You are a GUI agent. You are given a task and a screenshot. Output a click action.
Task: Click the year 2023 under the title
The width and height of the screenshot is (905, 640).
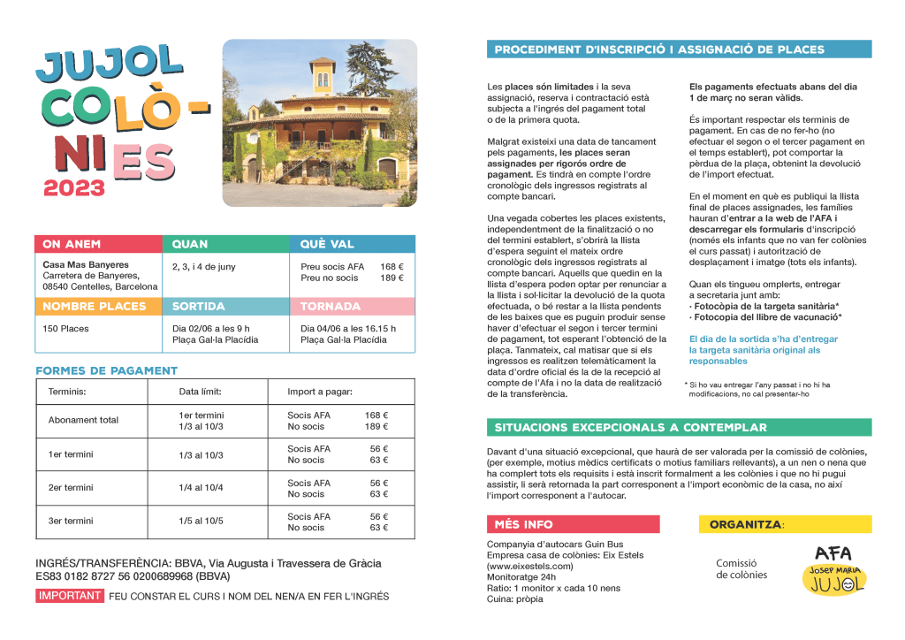point(74,187)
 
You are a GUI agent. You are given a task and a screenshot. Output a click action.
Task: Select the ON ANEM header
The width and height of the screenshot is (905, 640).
point(72,244)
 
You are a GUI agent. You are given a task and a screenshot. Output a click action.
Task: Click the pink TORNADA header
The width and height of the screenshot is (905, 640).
point(331,306)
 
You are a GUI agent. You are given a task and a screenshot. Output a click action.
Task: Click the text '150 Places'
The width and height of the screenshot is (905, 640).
point(66,329)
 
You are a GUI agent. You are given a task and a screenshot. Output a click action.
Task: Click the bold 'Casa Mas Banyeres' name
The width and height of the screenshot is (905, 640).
point(86,264)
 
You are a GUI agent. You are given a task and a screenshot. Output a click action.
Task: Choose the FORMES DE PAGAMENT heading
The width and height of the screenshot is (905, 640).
point(106,370)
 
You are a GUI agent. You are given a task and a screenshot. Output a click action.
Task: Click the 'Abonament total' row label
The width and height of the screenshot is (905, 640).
point(83,421)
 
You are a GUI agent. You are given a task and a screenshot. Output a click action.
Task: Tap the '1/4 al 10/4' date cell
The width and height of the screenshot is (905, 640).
point(202,488)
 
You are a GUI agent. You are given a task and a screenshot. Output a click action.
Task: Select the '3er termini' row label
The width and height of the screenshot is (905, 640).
point(71,522)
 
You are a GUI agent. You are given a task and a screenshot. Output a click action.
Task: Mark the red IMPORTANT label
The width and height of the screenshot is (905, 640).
point(70,596)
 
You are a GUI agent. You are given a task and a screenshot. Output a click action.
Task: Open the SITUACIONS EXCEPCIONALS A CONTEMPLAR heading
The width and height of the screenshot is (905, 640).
point(631,427)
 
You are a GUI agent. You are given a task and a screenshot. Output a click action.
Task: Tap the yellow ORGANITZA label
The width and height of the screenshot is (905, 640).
point(746,524)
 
